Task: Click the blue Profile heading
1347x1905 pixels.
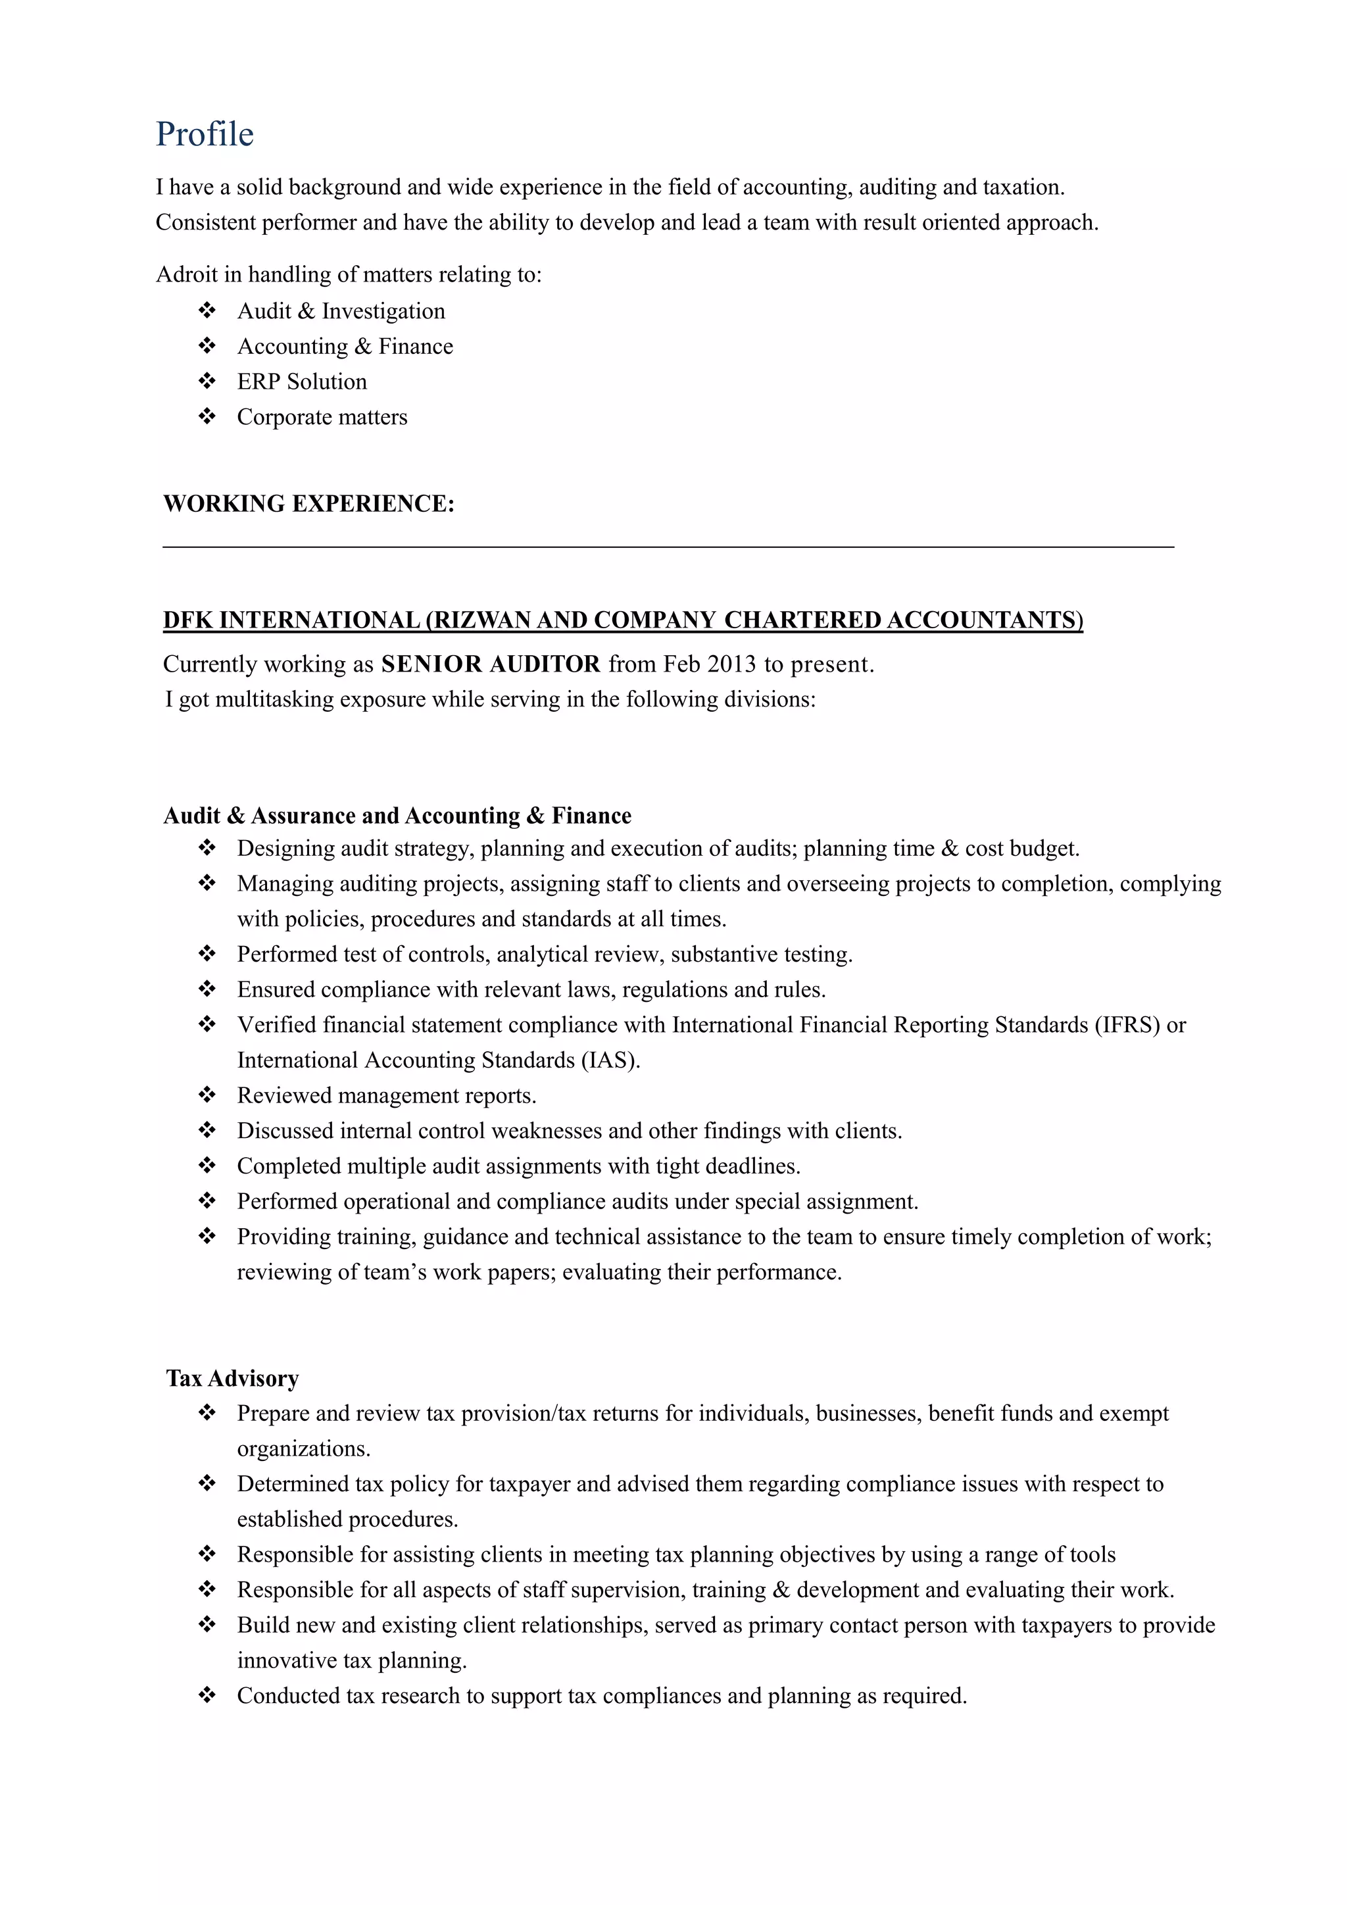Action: point(205,134)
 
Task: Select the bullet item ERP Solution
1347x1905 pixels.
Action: point(302,382)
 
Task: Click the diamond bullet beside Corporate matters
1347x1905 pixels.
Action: point(207,416)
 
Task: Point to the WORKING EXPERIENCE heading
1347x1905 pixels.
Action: point(308,504)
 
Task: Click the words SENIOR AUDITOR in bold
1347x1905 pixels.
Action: point(490,664)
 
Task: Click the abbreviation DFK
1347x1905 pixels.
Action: point(188,620)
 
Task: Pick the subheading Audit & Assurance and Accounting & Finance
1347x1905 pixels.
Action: point(397,816)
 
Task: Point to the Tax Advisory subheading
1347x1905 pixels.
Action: point(232,1378)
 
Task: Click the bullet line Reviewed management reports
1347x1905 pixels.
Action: point(387,1096)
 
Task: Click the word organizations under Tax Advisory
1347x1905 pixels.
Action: point(304,1448)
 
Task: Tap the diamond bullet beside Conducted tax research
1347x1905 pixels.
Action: point(207,1695)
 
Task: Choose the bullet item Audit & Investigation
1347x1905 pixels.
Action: point(341,311)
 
